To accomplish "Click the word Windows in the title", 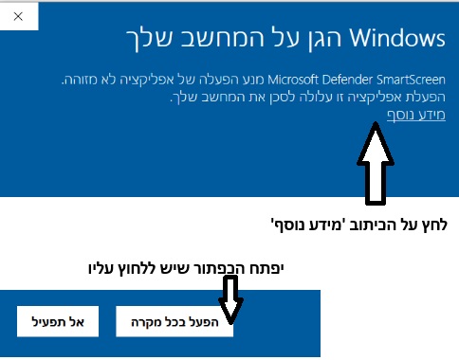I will click(397, 39).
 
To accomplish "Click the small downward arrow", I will click(231, 308).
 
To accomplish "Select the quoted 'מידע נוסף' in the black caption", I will click(309, 226).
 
